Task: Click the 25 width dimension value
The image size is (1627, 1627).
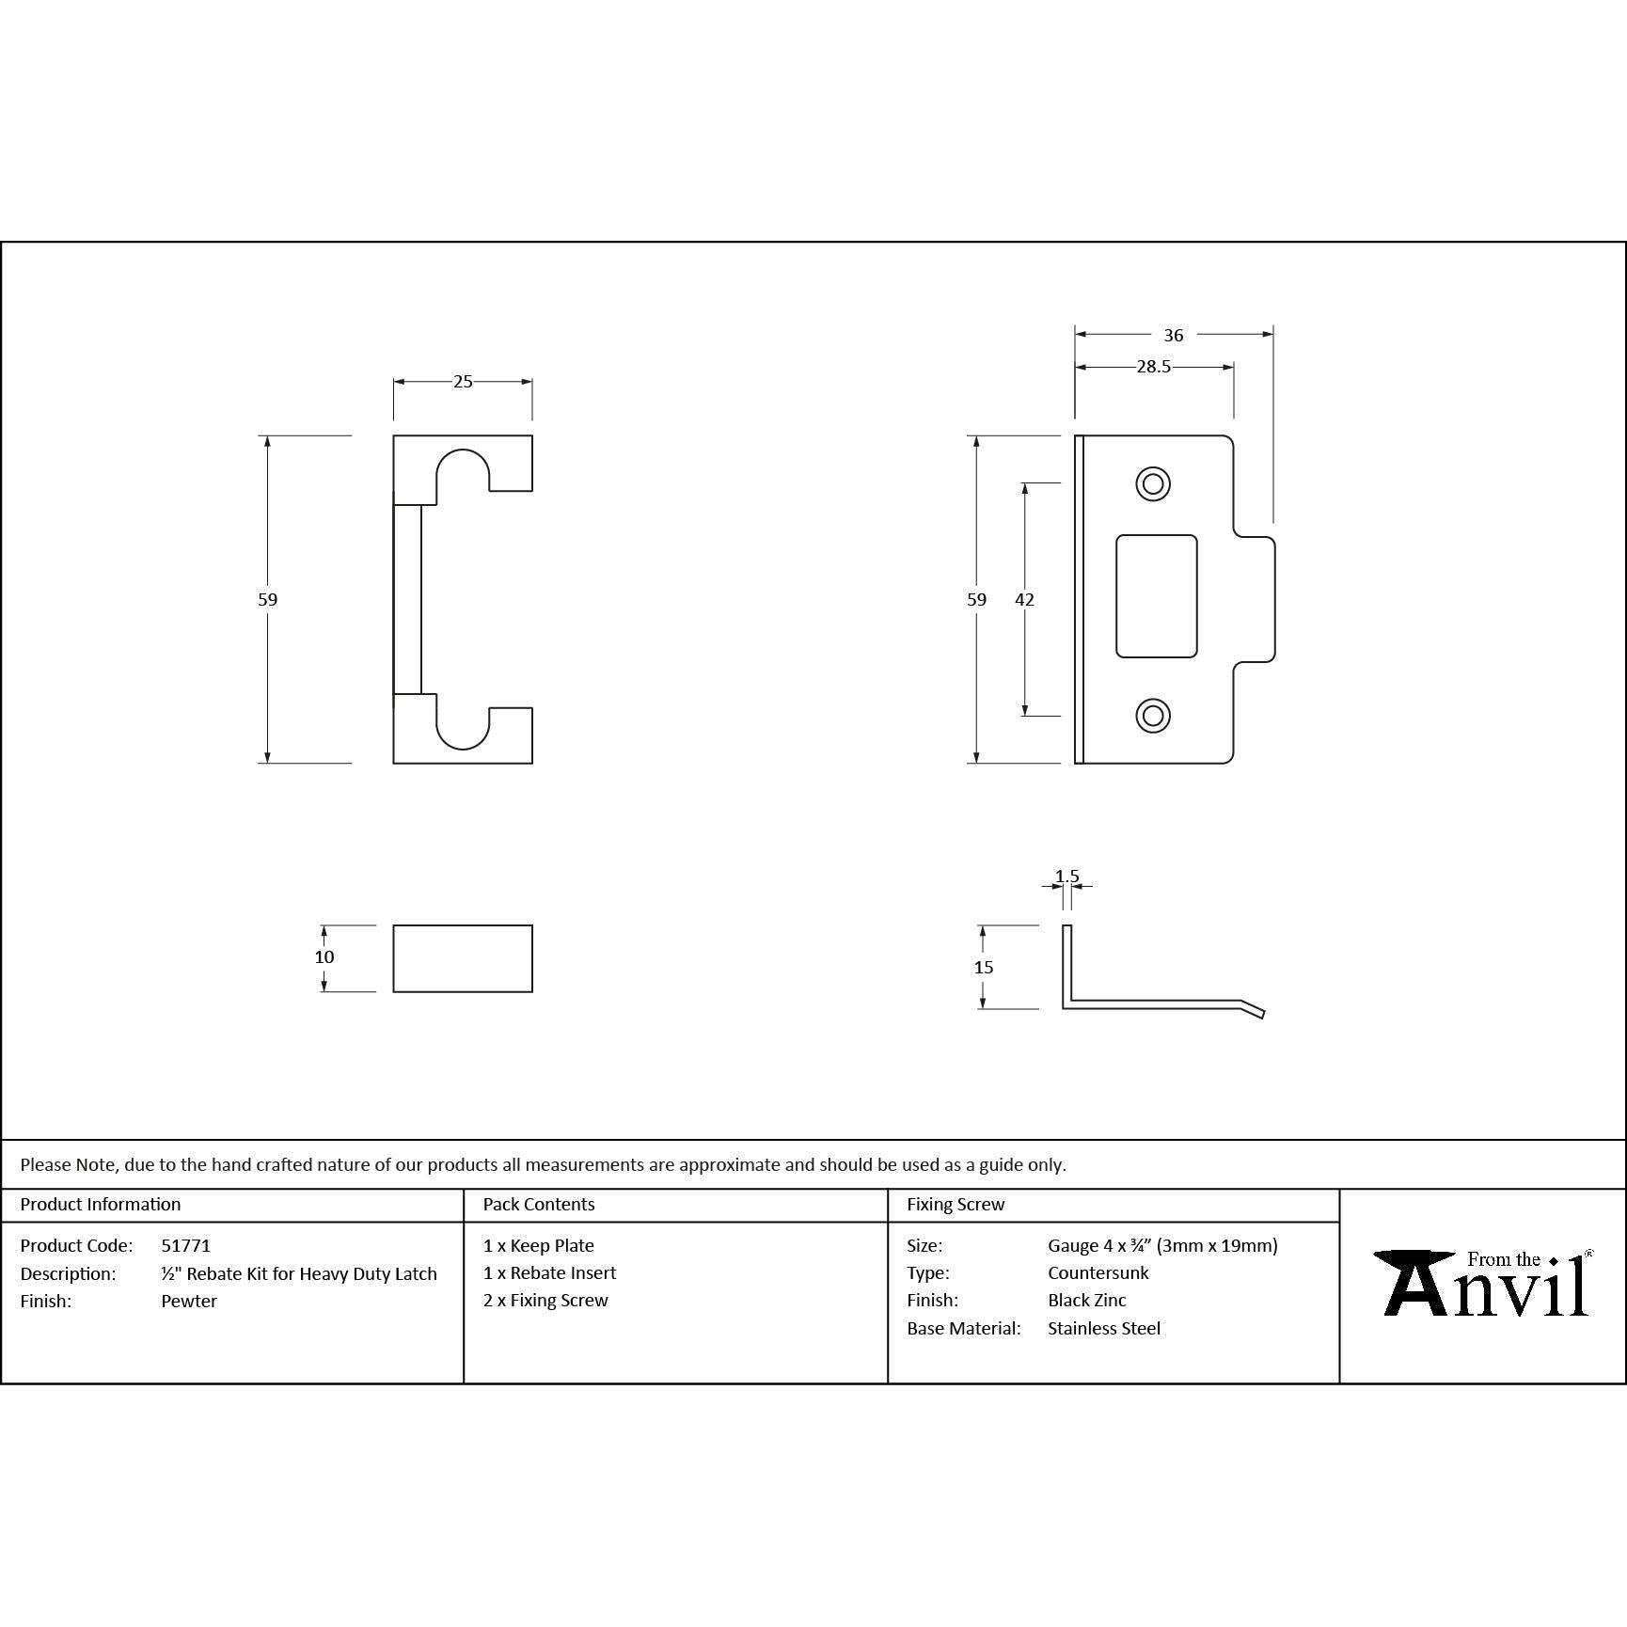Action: pyautogui.click(x=463, y=382)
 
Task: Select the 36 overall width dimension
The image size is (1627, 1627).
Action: pyautogui.click(x=1174, y=335)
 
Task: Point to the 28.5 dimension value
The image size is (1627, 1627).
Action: pyautogui.click(x=1154, y=367)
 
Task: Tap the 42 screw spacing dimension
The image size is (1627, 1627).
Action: pyautogui.click(x=1025, y=599)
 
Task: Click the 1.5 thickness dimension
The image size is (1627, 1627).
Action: pyautogui.click(x=1067, y=877)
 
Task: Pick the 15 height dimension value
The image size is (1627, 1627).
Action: pyautogui.click(x=984, y=967)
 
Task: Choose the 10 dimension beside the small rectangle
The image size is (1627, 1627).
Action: pyautogui.click(x=324, y=957)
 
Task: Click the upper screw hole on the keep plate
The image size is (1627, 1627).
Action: pyautogui.click(x=1153, y=484)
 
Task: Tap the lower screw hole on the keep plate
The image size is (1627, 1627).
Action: pyautogui.click(x=1153, y=715)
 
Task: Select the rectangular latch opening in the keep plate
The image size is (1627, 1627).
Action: pyautogui.click(x=1157, y=596)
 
